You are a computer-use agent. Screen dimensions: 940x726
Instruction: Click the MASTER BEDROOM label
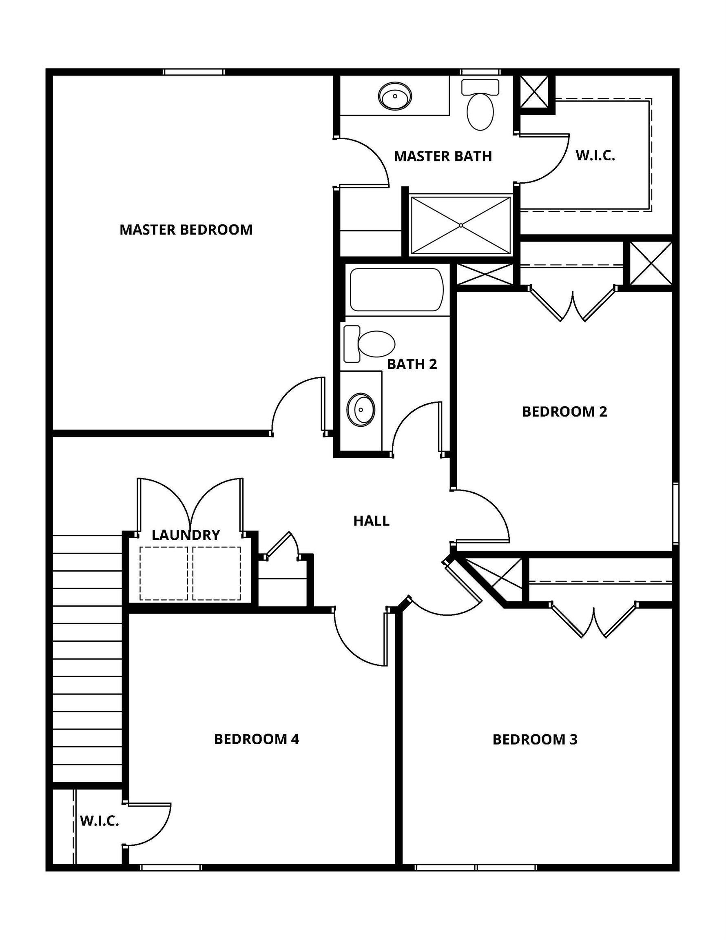coord(186,229)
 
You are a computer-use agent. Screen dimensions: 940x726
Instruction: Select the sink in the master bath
coord(395,96)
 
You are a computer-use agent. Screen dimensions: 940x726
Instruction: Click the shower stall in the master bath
coord(460,225)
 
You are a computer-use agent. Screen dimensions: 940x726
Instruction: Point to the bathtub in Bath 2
coord(396,289)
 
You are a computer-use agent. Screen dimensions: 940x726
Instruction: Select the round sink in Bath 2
coord(361,409)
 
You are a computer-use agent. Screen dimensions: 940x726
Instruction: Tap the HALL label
coord(371,521)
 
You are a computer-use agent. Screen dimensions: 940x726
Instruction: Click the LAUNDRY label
coord(186,535)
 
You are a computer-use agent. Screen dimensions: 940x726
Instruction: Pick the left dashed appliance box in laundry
coord(164,573)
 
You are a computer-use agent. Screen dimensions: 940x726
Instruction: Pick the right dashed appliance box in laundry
coord(217,573)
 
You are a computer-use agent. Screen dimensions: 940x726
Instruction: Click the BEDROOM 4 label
coord(256,739)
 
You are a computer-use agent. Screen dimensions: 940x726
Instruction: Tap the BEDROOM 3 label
coord(534,739)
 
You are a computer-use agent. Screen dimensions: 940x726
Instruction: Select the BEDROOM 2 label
coord(564,412)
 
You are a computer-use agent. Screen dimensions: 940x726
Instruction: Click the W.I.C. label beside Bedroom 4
coord(100,821)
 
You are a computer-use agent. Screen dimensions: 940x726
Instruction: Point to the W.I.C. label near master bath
coord(595,155)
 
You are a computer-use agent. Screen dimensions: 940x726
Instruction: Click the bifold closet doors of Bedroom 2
coord(572,306)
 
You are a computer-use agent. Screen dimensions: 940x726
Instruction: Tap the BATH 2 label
coord(412,364)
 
